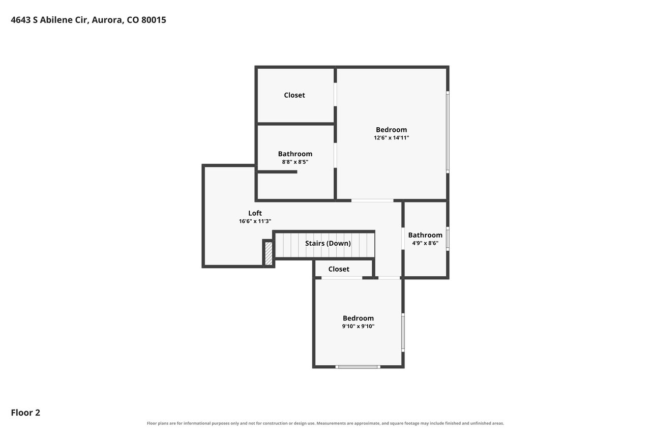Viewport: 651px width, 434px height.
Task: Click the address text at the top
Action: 88,20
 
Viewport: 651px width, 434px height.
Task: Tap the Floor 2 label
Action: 25,413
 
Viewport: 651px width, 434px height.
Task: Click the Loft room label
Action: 255,213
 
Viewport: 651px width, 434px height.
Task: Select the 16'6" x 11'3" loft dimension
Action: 255,221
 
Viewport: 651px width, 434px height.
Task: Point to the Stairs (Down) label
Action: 328,243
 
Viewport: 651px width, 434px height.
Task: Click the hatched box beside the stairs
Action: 269,253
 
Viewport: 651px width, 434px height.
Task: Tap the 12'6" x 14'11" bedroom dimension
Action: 391,138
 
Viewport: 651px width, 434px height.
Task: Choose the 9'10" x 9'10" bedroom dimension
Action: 358,326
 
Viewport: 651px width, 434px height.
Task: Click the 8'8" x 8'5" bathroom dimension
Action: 295,162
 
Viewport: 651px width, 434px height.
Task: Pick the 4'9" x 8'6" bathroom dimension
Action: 425,243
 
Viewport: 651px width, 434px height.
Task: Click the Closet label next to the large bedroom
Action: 294,95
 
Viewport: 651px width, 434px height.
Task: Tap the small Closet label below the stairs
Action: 339,269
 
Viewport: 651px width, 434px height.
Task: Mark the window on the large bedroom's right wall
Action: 448,132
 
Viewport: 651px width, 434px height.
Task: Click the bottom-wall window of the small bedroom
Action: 358,367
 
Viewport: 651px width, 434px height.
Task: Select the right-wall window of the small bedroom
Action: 403,332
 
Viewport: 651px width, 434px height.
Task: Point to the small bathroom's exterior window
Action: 448,239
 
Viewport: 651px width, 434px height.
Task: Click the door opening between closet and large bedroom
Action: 335,95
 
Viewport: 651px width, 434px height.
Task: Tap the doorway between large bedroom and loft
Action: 372,200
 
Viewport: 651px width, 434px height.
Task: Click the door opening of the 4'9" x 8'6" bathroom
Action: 403,238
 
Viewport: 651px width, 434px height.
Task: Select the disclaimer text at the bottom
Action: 325,423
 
